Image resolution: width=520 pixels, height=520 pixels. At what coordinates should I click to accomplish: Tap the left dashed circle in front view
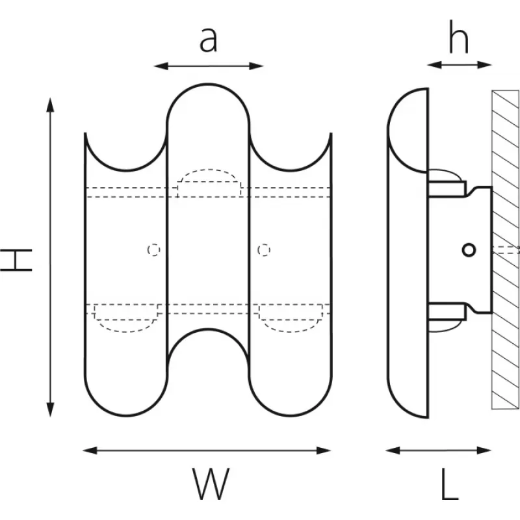[153, 250]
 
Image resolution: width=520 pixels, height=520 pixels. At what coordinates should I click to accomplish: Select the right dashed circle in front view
[263, 250]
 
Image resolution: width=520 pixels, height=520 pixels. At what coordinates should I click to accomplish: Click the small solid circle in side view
[469, 250]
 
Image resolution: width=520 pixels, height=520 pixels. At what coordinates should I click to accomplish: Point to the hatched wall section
[505, 250]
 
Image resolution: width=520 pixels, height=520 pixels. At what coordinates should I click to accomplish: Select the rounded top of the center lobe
[209, 86]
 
